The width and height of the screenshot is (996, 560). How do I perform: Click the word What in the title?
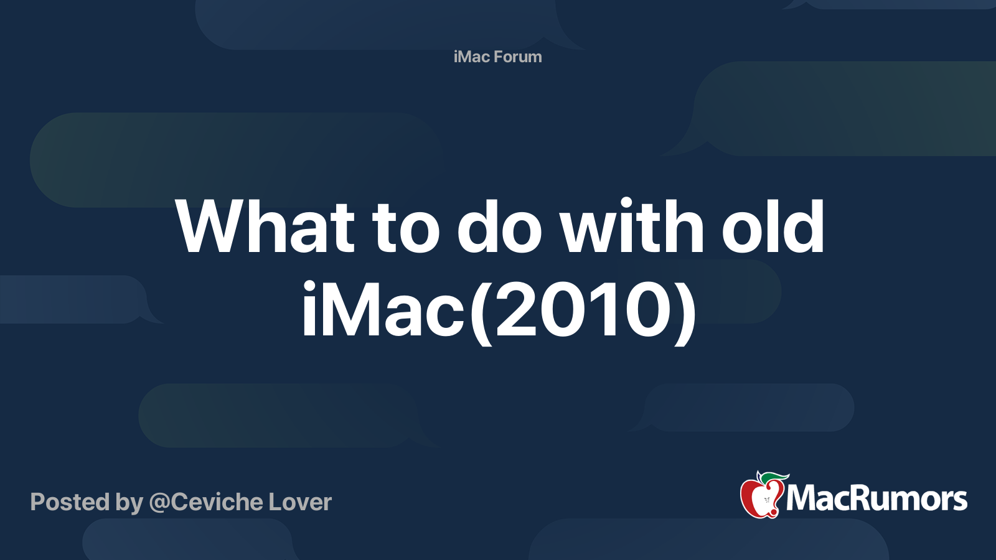(265, 226)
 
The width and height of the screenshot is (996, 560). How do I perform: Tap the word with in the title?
(631, 226)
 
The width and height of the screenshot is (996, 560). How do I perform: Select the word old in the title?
(773, 226)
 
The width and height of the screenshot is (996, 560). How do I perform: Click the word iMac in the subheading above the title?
(471, 57)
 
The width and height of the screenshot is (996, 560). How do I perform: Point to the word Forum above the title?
(518, 57)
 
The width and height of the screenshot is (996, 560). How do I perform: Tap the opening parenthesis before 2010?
(481, 313)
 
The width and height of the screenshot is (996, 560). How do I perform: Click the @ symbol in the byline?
(159, 503)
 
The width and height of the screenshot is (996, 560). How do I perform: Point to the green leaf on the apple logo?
(774, 477)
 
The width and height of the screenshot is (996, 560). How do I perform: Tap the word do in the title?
(499, 226)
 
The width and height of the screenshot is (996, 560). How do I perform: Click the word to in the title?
(405, 228)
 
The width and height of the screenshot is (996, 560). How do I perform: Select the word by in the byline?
(129, 503)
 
